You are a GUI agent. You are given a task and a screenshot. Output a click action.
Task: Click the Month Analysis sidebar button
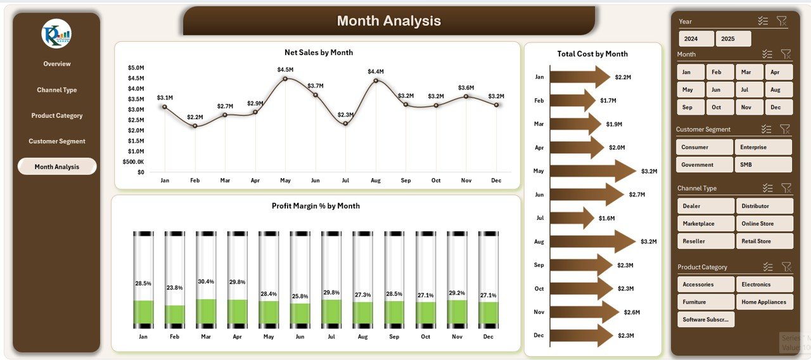[x=57, y=167]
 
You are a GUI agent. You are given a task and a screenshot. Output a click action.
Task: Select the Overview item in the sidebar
[x=57, y=64]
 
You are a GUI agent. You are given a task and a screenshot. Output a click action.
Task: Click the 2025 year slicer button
[x=733, y=39]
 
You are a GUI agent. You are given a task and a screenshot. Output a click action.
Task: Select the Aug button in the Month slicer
[x=778, y=90]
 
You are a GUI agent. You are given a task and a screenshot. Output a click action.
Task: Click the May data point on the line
[x=285, y=79]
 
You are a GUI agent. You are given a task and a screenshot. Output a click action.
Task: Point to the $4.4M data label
[x=376, y=72]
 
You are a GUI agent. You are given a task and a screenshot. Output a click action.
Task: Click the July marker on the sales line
[x=345, y=123]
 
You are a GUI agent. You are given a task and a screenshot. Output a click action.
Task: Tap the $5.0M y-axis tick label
[x=136, y=68]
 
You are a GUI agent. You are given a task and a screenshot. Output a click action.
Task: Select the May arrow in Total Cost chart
[x=592, y=171]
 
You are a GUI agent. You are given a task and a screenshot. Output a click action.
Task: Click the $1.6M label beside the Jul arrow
[x=606, y=218]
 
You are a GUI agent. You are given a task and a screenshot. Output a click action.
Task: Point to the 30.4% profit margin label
[x=206, y=281]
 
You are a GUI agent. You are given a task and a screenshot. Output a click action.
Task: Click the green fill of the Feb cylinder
[x=174, y=314]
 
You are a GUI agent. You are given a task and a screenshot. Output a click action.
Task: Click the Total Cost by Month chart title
[x=592, y=54]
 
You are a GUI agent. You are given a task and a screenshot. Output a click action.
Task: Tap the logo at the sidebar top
[x=56, y=34]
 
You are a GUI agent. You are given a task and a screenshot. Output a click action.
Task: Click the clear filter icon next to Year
[x=782, y=22]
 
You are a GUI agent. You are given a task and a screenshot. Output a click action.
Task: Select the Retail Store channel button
[x=764, y=241]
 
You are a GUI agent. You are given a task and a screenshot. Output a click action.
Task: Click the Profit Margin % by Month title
[x=316, y=206]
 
